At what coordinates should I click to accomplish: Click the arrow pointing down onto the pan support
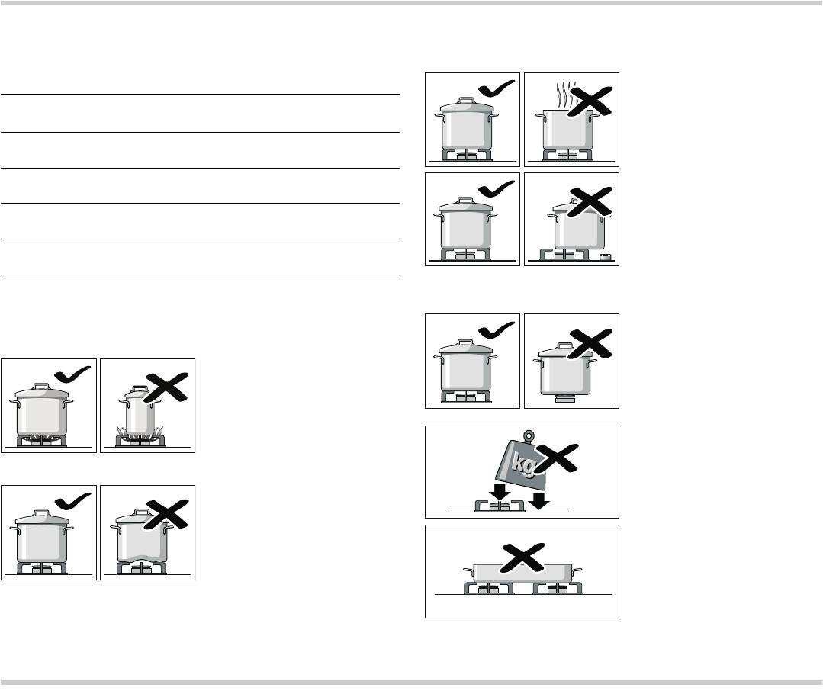click(500, 492)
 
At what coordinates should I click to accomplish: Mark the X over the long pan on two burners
click(523, 557)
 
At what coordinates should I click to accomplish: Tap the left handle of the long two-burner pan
click(468, 570)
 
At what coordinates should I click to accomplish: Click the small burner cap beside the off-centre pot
click(606, 257)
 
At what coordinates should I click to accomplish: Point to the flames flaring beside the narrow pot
click(140, 432)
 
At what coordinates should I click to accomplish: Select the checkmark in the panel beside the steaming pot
click(497, 88)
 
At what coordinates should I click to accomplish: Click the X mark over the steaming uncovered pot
click(591, 100)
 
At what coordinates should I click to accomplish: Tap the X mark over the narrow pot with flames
click(166, 387)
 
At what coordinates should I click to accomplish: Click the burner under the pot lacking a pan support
click(565, 399)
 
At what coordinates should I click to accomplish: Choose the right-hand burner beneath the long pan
click(558, 589)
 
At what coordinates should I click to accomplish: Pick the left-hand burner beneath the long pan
click(489, 589)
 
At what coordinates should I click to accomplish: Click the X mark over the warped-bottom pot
click(166, 514)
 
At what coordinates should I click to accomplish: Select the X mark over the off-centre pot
click(590, 201)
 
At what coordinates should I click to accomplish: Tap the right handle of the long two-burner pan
click(577, 570)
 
